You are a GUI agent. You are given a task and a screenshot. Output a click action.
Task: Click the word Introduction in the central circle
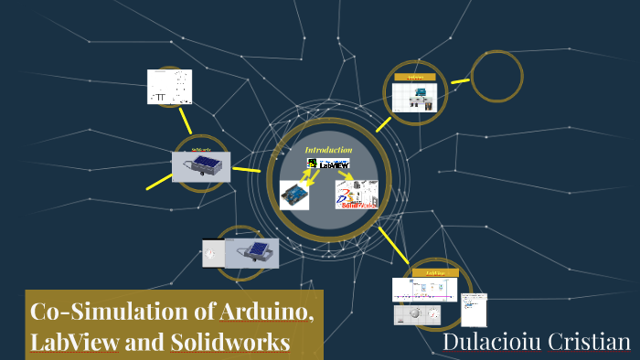pos(328,150)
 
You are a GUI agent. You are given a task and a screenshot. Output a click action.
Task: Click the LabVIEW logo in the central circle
pos(328,164)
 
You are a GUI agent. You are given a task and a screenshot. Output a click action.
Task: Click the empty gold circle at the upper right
pos(496,76)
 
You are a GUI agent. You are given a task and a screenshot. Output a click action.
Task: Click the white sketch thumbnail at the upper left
pos(170,87)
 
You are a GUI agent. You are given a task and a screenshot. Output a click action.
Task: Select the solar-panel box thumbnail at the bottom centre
pos(251,253)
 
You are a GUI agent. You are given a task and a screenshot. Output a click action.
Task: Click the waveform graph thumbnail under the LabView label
pos(425,290)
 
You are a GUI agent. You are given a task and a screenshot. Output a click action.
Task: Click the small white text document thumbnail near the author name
pos(474,309)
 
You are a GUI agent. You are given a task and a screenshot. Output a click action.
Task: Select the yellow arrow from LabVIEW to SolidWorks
pos(341,175)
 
